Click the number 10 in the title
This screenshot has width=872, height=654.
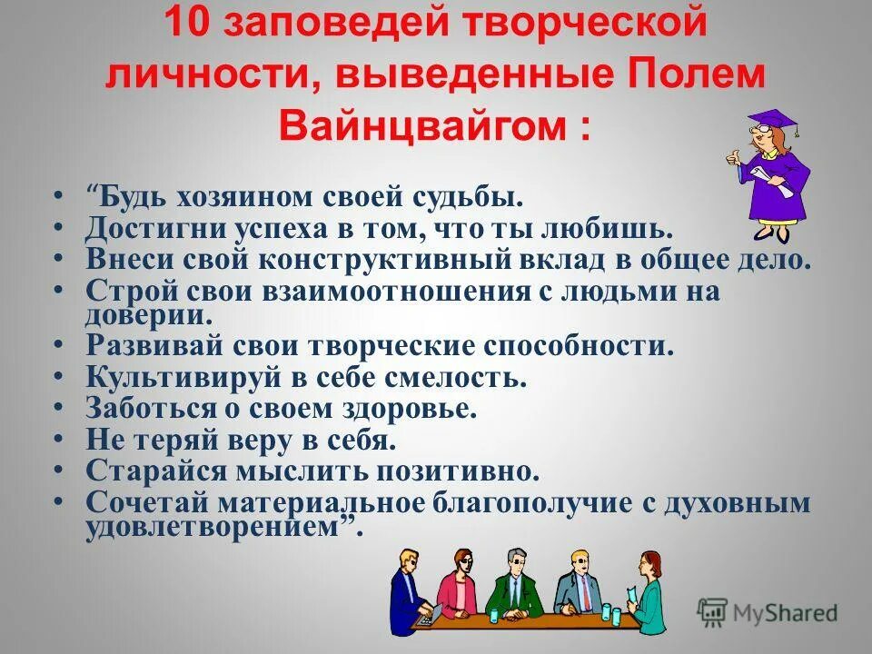[x=186, y=25]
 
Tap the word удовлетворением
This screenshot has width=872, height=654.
[x=218, y=529]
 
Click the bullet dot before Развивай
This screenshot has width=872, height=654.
[x=58, y=347]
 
